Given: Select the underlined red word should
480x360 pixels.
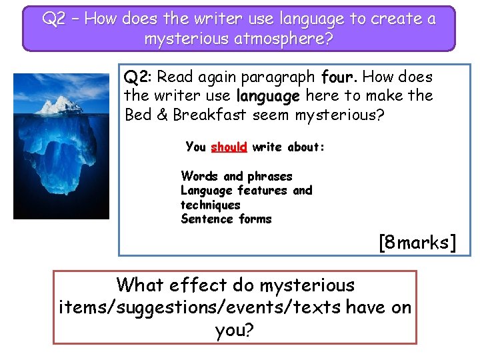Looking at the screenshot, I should click(229, 147).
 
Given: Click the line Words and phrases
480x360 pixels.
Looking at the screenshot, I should click(236, 176).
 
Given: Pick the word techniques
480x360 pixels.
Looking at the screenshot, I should click(210, 205).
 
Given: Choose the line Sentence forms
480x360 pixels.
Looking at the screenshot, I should click(226, 219).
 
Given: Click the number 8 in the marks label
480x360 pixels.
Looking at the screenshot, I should click(389, 243).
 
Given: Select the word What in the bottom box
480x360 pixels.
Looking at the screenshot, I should click(138, 285).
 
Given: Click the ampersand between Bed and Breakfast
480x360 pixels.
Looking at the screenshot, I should click(162, 115).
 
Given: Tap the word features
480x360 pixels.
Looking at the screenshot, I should click(260, 191).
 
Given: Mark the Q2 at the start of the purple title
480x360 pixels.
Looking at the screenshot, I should click(55, 19).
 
